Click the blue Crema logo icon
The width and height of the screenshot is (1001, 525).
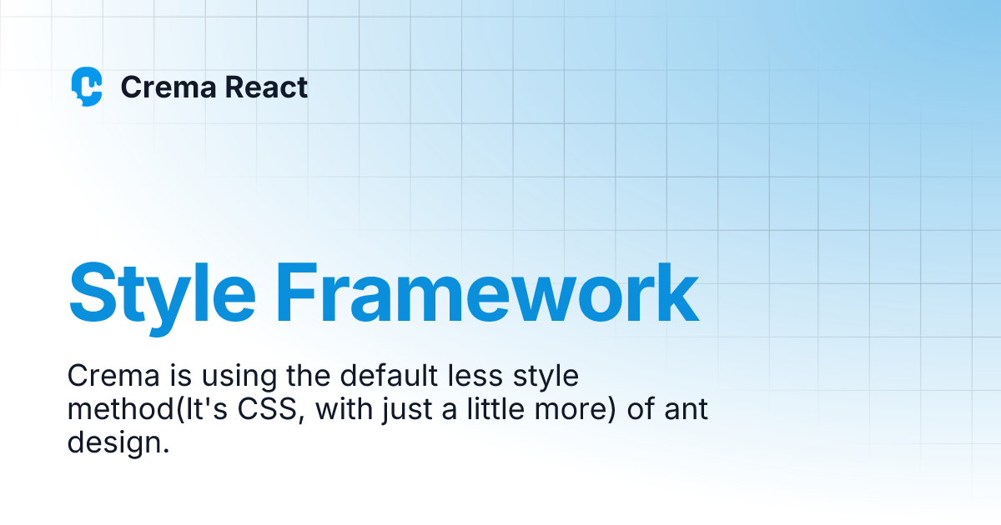tap(87, 87)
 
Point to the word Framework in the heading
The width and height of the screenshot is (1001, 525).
tap(487, 293)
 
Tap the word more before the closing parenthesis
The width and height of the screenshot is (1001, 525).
tap(576, 411)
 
